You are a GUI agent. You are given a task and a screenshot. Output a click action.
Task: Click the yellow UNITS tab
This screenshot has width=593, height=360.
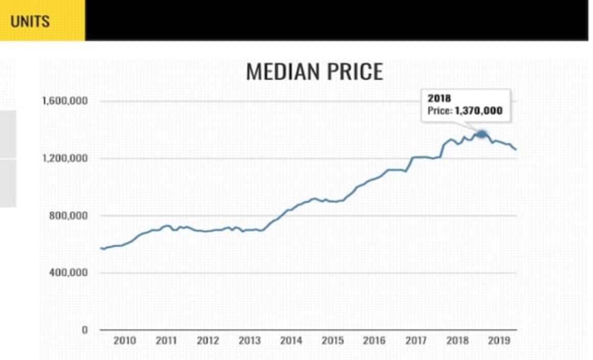pos(31,21)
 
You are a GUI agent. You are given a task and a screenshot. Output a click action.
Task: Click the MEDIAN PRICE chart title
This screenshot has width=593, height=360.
pos(314,72)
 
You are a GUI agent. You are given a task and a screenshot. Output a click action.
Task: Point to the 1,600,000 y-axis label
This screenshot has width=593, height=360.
pos(65,101)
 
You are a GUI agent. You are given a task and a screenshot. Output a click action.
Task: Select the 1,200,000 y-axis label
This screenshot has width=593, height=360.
pos(65,158)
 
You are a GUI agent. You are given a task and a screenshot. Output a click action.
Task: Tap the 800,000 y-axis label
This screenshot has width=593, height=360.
pos(70,215)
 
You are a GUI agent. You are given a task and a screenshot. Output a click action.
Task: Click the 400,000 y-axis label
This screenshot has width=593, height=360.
pos(70,273)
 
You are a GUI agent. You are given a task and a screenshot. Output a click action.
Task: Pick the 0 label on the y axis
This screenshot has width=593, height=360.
pos(85,330)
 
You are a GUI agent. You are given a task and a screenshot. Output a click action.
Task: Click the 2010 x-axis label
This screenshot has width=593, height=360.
pos(124,341)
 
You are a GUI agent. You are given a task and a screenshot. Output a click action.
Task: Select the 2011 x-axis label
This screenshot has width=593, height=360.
pos(166,341)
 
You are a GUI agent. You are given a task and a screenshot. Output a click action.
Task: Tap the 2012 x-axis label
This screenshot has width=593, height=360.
pos(208,341)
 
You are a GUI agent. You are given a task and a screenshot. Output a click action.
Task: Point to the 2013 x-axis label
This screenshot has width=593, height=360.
pos(249,341)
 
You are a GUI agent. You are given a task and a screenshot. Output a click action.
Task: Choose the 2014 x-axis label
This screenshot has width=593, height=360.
pos(291,341)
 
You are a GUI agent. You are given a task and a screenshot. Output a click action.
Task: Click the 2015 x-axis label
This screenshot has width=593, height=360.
pos(333,341)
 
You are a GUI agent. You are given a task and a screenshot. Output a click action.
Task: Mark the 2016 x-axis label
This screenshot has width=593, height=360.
pos(374,341)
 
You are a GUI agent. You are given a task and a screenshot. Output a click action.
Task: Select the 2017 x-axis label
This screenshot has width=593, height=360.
pos(416,341)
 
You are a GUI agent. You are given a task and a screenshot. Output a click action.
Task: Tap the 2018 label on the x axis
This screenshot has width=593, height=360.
pos(458,341)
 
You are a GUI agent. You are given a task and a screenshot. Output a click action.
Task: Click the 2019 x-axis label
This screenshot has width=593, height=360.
pos(499,341)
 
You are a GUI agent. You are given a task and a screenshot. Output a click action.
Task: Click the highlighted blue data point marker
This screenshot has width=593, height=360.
pos(482,134)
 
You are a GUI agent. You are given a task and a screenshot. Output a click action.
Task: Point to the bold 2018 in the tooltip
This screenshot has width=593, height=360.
pos(439,99)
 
